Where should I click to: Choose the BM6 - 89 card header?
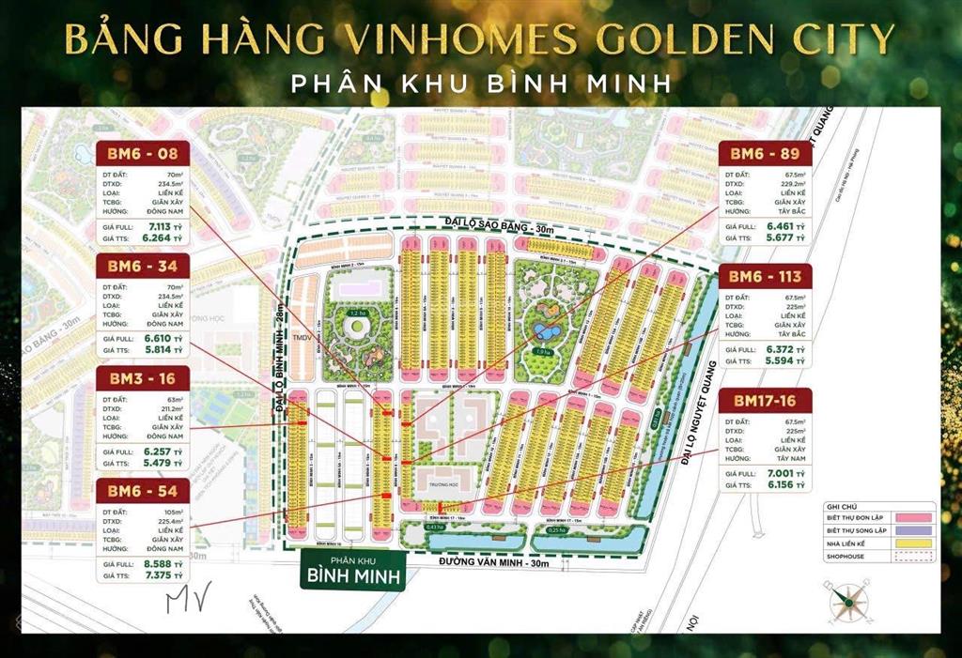[x=765, y=154]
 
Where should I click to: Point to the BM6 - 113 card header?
[x=765, y=277]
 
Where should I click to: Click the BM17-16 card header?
[x=765, y=401]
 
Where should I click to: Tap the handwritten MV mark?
[x=188, y=597]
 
